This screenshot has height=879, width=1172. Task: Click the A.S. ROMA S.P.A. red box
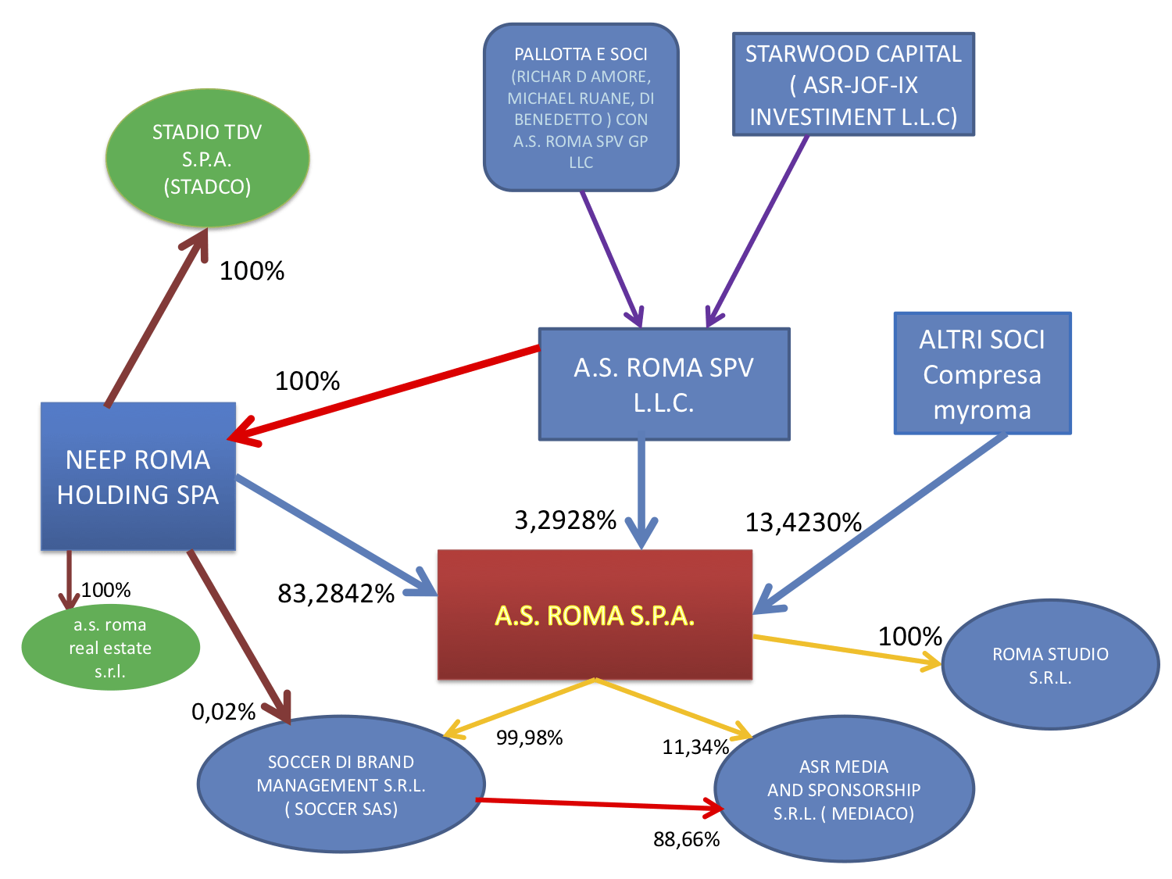(595, 615)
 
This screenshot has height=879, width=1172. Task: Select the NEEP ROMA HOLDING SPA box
(138, 477)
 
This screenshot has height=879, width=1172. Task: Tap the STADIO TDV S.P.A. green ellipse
(207, 159)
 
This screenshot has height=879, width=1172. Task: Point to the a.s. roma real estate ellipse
(110, 648)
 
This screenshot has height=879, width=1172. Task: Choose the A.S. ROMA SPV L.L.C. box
(663, 384)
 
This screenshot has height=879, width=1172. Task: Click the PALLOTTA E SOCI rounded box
(581, 108)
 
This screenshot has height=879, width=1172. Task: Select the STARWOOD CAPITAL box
(853, 84)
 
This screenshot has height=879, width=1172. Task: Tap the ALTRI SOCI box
(982, 373)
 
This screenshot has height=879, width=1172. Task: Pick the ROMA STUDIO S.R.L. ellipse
(1050, 665)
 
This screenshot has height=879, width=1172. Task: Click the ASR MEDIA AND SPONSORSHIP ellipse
(844, 790)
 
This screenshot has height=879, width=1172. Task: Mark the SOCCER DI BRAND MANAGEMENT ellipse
(341, 784)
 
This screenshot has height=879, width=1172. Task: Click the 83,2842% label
(336, 594)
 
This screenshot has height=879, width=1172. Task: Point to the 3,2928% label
(566, 520)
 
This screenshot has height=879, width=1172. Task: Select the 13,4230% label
(803, 522)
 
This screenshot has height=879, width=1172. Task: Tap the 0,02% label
(223, 712)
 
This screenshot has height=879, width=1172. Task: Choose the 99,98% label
(529, 738)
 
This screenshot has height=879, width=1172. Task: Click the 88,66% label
(686, 839)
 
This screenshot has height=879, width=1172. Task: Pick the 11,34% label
(695, 747)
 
